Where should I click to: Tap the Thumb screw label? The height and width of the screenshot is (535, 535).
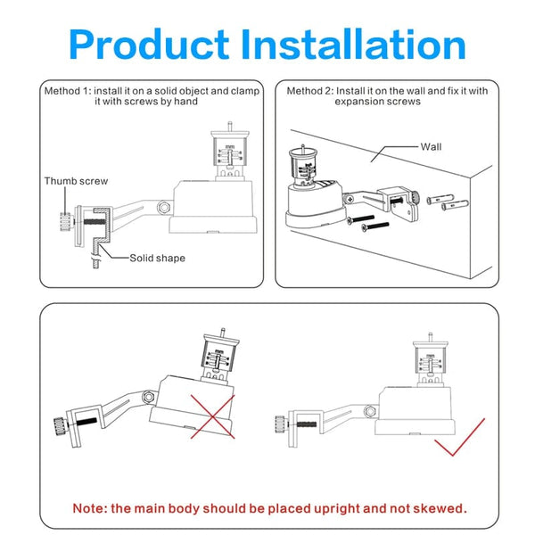[x=76, y=181]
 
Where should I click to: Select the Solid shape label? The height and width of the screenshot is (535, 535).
[x=157, y=258]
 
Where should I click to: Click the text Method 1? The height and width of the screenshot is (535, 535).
[x=68, y=91]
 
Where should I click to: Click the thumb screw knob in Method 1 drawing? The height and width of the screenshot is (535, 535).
[x=64, y=218]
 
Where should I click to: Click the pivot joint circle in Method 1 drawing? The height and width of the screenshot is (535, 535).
[x=163, y=206]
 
